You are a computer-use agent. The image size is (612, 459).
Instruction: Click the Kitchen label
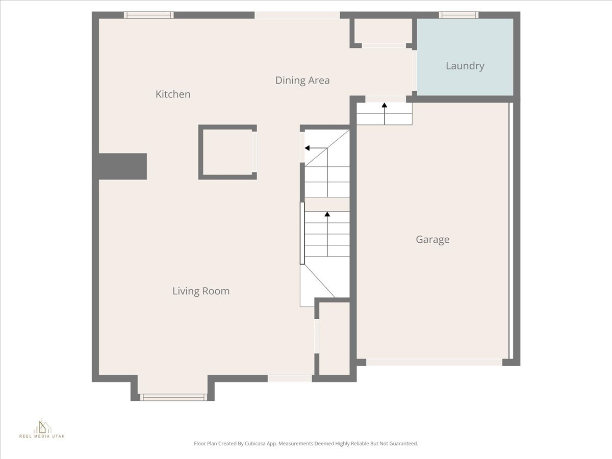[173, 94]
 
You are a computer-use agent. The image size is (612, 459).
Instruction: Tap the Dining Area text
[302, 81]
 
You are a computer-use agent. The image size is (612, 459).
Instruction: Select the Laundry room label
[465, 66]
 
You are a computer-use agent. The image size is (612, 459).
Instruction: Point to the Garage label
[432, 239]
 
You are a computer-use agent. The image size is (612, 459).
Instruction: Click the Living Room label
[201, 291]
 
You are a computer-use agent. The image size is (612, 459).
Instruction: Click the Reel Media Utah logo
[42, 429]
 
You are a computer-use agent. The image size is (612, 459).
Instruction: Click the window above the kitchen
[149, 15]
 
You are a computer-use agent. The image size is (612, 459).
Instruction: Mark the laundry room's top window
[458, 15]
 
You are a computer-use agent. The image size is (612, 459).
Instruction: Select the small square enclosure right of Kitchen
[227, 152]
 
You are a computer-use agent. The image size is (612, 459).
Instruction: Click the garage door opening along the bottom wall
[433, 362]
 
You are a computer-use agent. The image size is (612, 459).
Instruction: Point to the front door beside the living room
[290, 378]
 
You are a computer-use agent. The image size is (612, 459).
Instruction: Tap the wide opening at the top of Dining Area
[297, 15]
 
